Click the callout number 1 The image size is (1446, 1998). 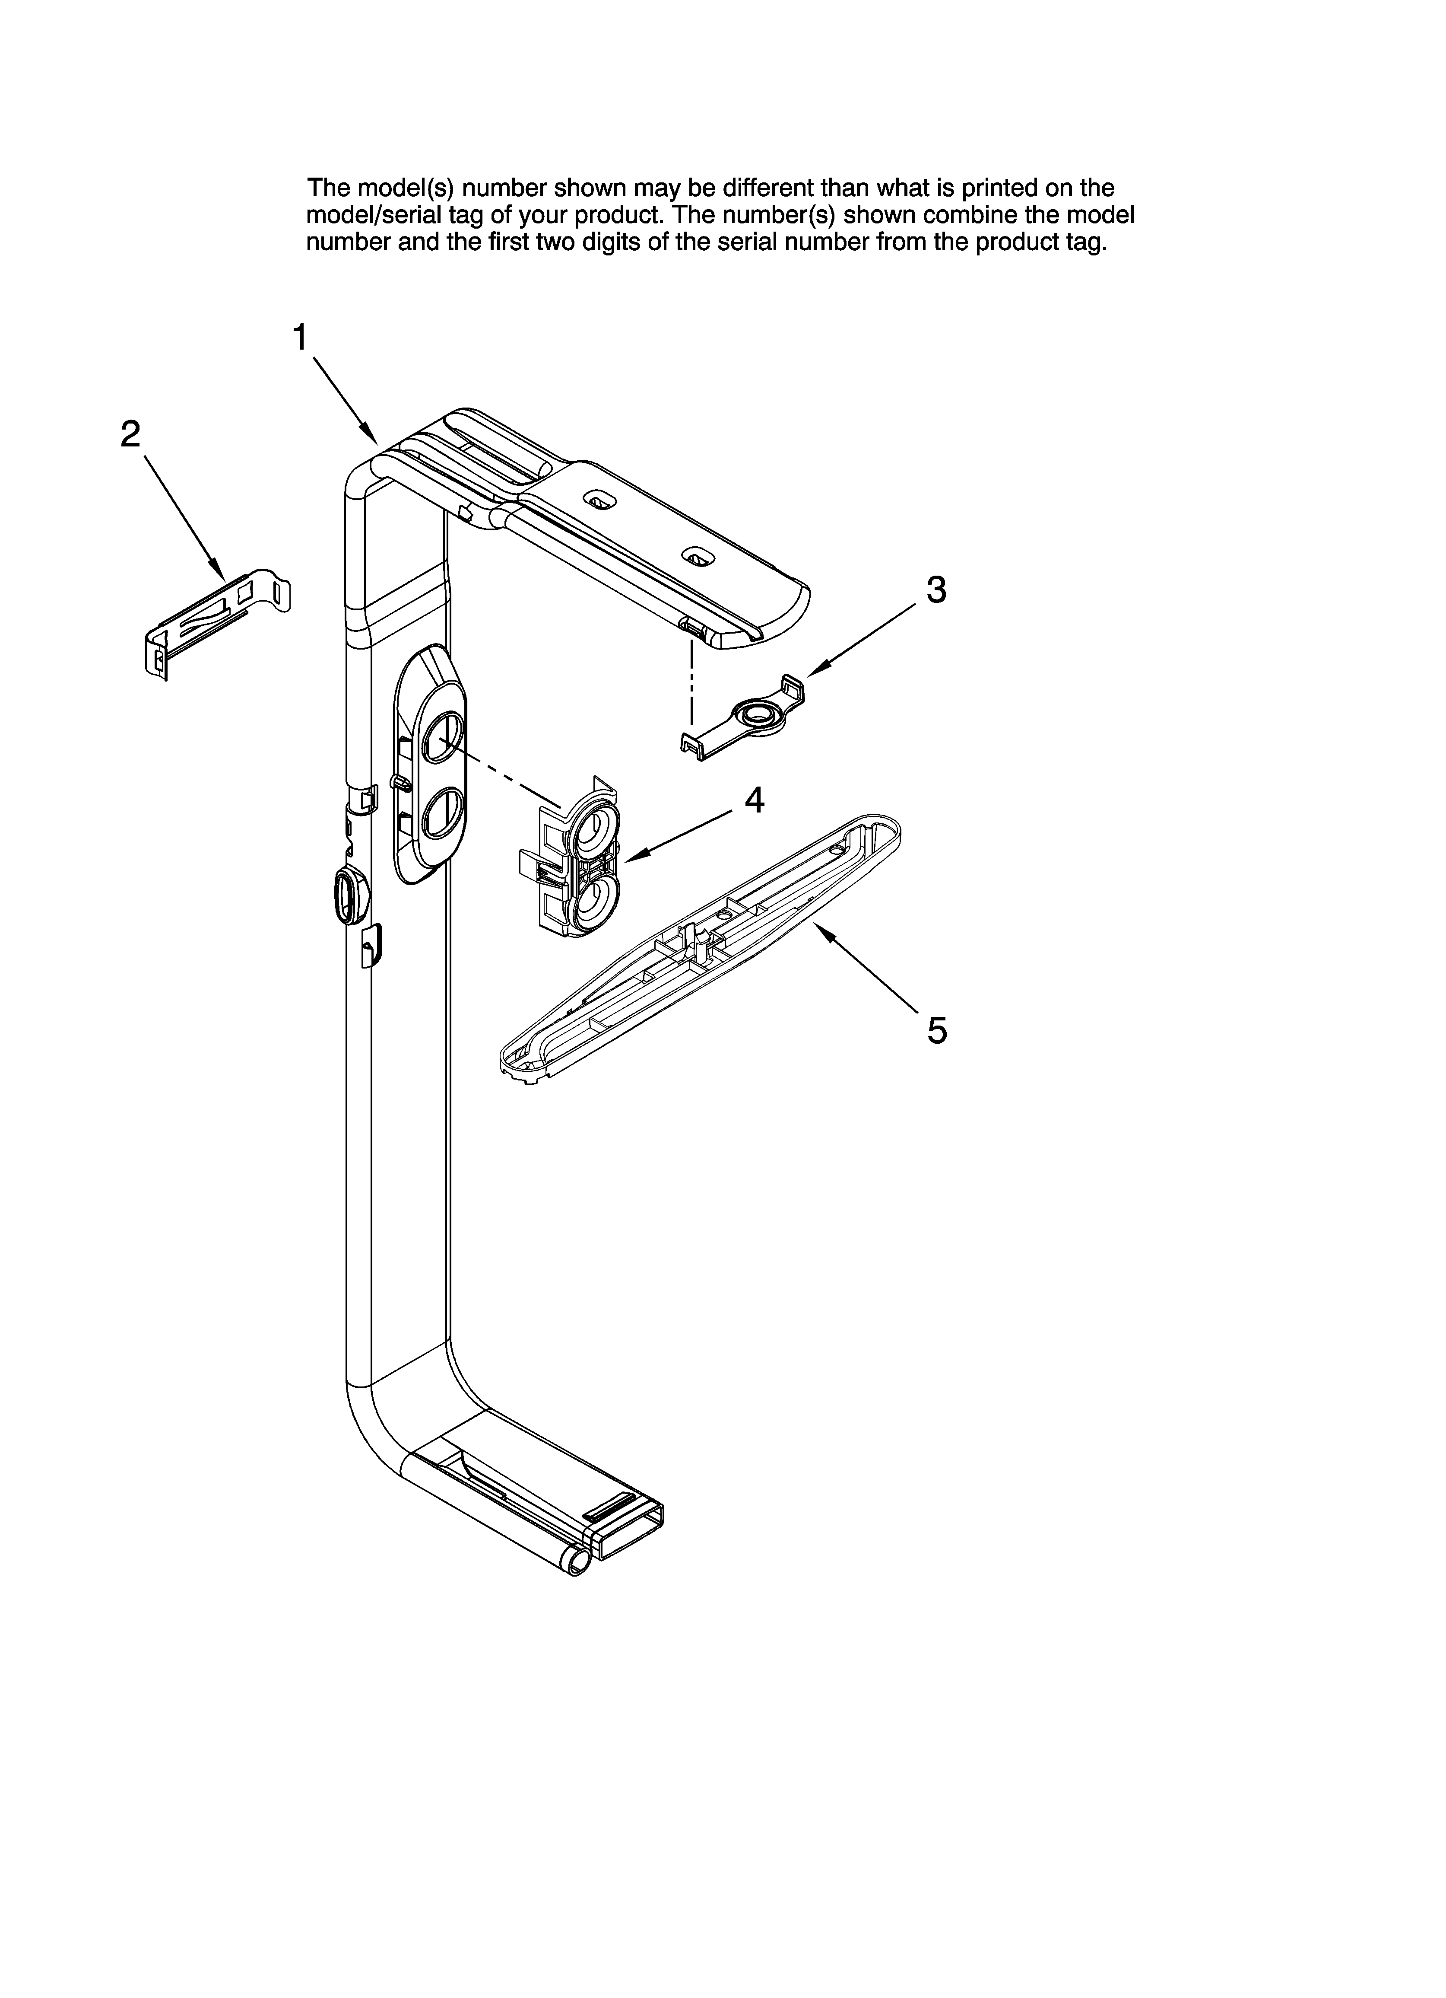300,338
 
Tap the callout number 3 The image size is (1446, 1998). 936,590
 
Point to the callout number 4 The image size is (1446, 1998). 754,800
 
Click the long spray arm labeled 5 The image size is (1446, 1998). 700,947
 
